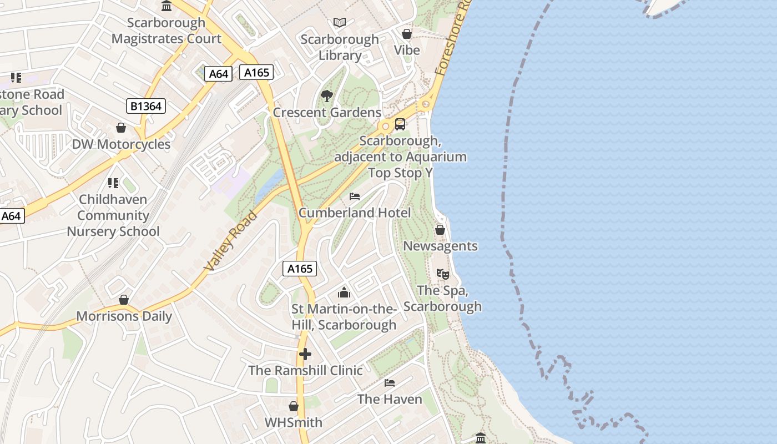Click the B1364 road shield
click(x=146, y=105)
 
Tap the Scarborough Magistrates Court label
click(x=166, y=31)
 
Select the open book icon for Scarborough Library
click(x=340, y=23)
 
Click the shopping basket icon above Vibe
click(x=407, y=34)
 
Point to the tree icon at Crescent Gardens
click(x=327, y=96)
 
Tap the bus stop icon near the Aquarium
click(x=400, y=124)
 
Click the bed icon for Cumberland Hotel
click(x=355, y=196)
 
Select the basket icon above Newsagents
click(x=440, y=230)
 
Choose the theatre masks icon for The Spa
click(x=442, y=274)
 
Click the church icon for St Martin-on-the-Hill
click(x=344, y=292)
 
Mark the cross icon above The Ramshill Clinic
click(x=305, y=354)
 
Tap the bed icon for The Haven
click(x=390, y=383)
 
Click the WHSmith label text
click(x=293, y=422)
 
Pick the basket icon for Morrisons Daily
click(x=124, y=300)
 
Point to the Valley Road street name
click(x=231, y=241)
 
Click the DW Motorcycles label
click(x=121, y=144)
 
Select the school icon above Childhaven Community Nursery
click(x=113, y=183)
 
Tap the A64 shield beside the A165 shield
click(x=218, y=74)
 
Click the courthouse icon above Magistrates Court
click(x=166, y=6)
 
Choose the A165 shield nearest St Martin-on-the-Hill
click(x=300, y=269)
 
